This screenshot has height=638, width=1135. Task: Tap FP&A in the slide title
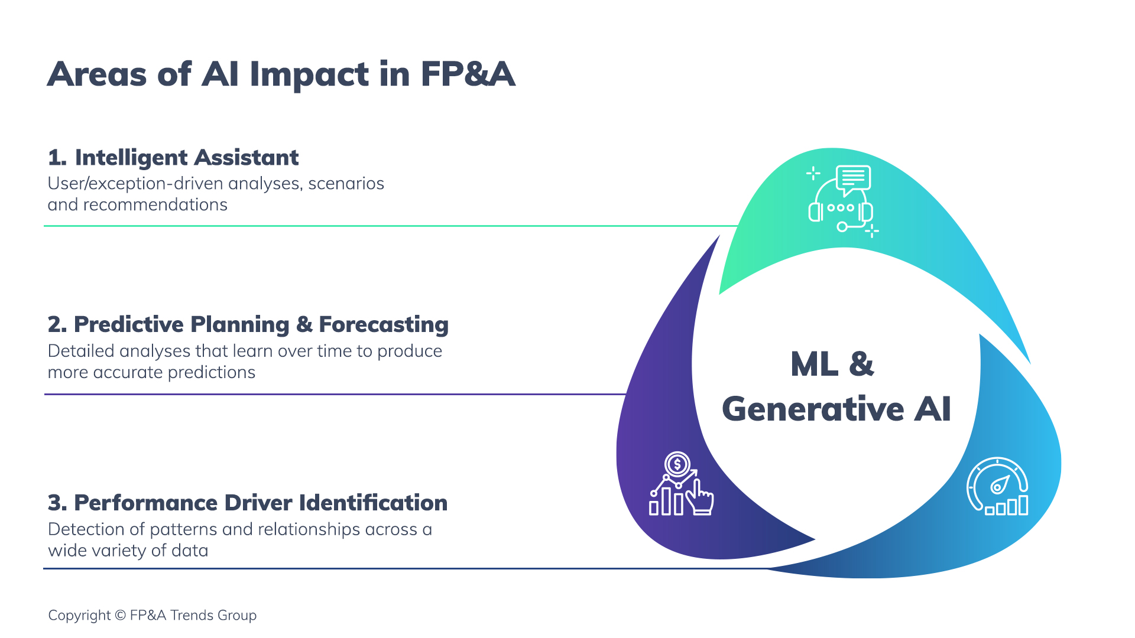tap(468, 75)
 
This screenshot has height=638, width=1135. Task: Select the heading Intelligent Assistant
tap(186, 158)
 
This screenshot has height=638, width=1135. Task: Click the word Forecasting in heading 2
tap(383, 324)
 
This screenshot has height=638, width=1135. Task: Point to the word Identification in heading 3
tap(373, 503)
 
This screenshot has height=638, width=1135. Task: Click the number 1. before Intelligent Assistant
tap(57, 158)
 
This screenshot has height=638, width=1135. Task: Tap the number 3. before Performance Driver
tap(57, 503)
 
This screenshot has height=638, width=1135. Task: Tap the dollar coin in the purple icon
tap(677, 464)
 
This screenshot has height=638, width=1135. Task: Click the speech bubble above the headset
tap(853, 179)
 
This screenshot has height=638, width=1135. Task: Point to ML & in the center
tap(832, 364)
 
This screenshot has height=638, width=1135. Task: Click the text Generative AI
tap(836, 409)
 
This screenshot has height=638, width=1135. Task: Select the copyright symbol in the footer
tap(120, 616)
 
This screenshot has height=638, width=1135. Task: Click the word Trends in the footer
tap(192, 616)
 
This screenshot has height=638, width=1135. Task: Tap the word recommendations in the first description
tap(155, 204)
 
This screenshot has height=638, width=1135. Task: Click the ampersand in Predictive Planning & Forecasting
tap(304, 324)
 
